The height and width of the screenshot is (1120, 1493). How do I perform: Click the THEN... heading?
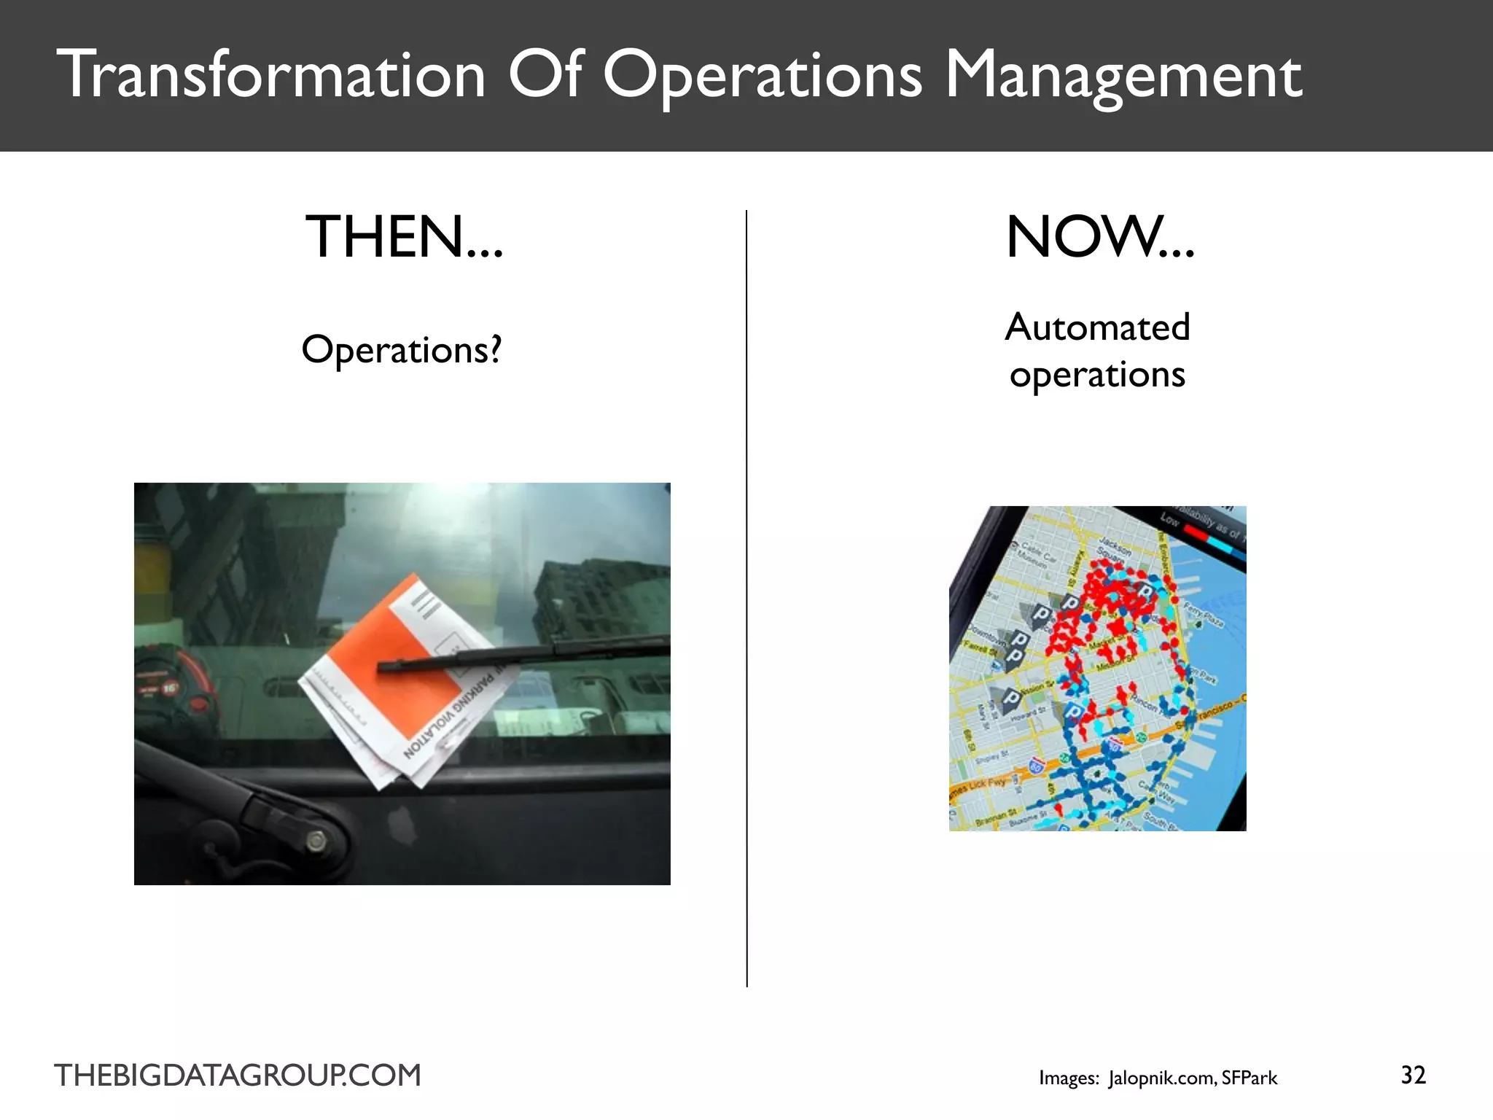(x=404, y=238)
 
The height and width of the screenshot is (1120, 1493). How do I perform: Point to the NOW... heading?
(x=1099, y=238)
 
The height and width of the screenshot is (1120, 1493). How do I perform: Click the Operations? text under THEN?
(x=402, y=350)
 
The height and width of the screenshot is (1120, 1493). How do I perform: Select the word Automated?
(x=1097, y=327)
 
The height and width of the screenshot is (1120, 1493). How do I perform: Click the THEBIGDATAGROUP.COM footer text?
(x=238, y=1076)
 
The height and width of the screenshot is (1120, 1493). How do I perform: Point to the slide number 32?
(x=1413, y=1075)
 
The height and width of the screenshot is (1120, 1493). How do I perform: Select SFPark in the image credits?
(x=1250, y=1078)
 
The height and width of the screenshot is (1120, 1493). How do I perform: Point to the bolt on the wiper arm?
(x=316, y=841)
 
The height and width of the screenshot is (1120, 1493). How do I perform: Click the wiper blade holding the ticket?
(x=525, y=654)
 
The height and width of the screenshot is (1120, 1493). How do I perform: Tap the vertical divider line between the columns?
(x=746, y=598)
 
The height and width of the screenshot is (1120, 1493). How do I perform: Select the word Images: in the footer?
(x=1069, y=1078)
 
